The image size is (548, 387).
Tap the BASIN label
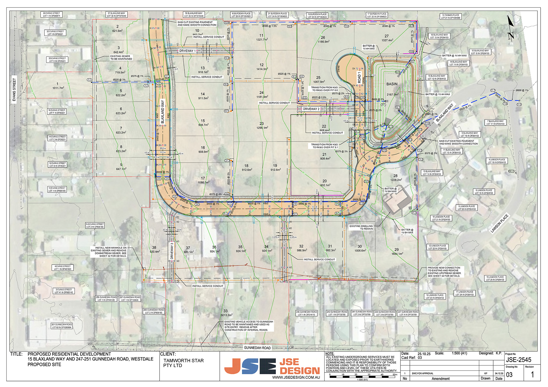pos(392,84)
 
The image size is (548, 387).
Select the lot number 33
pos(225,311)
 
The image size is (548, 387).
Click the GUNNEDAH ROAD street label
pos(257,348)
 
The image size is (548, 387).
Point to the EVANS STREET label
pos(14,90)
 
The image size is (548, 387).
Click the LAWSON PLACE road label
pos(499,223)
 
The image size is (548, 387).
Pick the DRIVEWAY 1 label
pos(187,51)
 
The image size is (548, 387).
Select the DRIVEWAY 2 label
pos(311,109)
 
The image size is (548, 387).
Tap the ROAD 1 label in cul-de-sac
pos(359,77)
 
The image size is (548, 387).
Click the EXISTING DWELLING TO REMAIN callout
pos(361,227)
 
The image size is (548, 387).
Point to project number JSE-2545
pos(519,360)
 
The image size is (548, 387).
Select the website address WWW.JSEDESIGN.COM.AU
pos(296,377)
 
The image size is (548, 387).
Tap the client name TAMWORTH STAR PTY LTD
pos(183,363)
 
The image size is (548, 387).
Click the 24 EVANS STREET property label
pos(51,15)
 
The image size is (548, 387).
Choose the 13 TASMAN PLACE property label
pos(450,17)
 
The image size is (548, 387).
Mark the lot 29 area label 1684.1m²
pos(397,254)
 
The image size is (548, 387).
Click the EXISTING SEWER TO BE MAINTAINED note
pos(121,58)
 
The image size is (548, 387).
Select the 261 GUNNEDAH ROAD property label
pos(62,326)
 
